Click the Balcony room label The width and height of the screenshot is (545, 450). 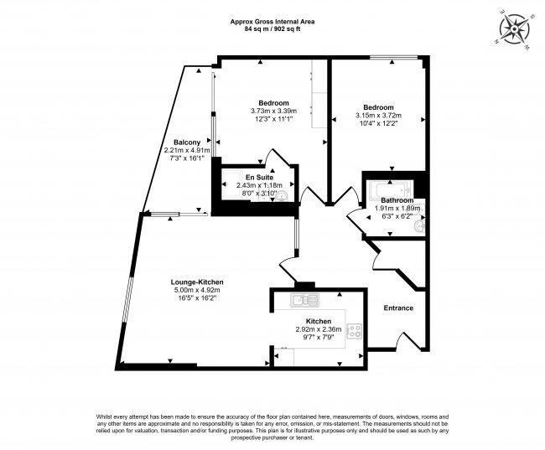186,142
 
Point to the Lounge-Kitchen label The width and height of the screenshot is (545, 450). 197,282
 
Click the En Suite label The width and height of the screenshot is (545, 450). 257,178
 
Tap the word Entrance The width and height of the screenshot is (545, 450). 398,308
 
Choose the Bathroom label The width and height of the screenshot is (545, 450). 397,200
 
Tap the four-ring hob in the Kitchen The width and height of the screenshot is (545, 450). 354,330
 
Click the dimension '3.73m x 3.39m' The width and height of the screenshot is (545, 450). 273,111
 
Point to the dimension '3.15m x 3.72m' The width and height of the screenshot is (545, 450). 378,116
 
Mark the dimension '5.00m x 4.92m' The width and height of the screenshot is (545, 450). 197,291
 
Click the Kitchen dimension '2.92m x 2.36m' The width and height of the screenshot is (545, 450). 318,330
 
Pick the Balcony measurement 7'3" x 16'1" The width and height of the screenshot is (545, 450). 186,158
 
